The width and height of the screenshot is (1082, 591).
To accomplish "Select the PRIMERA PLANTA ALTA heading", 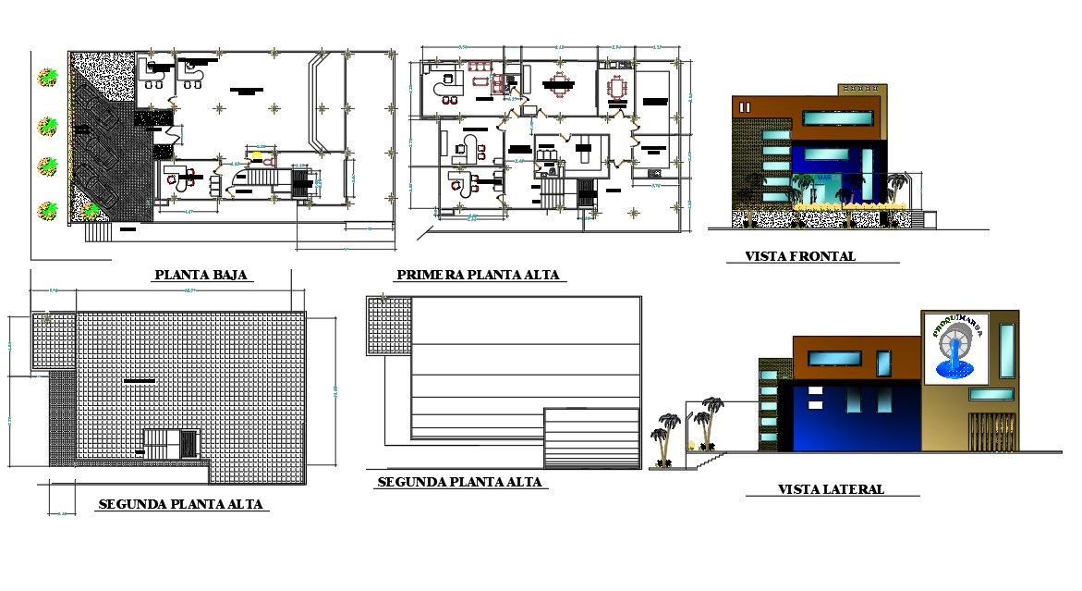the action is [479, 275].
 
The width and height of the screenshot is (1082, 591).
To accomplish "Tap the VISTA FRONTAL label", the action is [800, 256].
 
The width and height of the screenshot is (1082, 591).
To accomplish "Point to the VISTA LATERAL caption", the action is [830, 489].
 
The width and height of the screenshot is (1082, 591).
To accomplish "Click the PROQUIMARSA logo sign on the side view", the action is [955, 347].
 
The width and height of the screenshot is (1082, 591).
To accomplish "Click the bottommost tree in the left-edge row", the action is [46, 211].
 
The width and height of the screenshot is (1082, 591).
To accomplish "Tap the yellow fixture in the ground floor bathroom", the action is [257, 155].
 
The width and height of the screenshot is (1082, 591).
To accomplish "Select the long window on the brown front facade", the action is [837, 117].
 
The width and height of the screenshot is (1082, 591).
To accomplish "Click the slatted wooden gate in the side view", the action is [992, 431].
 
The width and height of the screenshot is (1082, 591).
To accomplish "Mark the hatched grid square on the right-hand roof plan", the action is [389, 326].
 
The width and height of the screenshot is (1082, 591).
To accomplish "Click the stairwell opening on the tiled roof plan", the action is [171, 443].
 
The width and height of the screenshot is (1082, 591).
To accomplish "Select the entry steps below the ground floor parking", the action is [97, 231].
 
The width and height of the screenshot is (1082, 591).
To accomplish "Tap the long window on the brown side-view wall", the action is [834, 358].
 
